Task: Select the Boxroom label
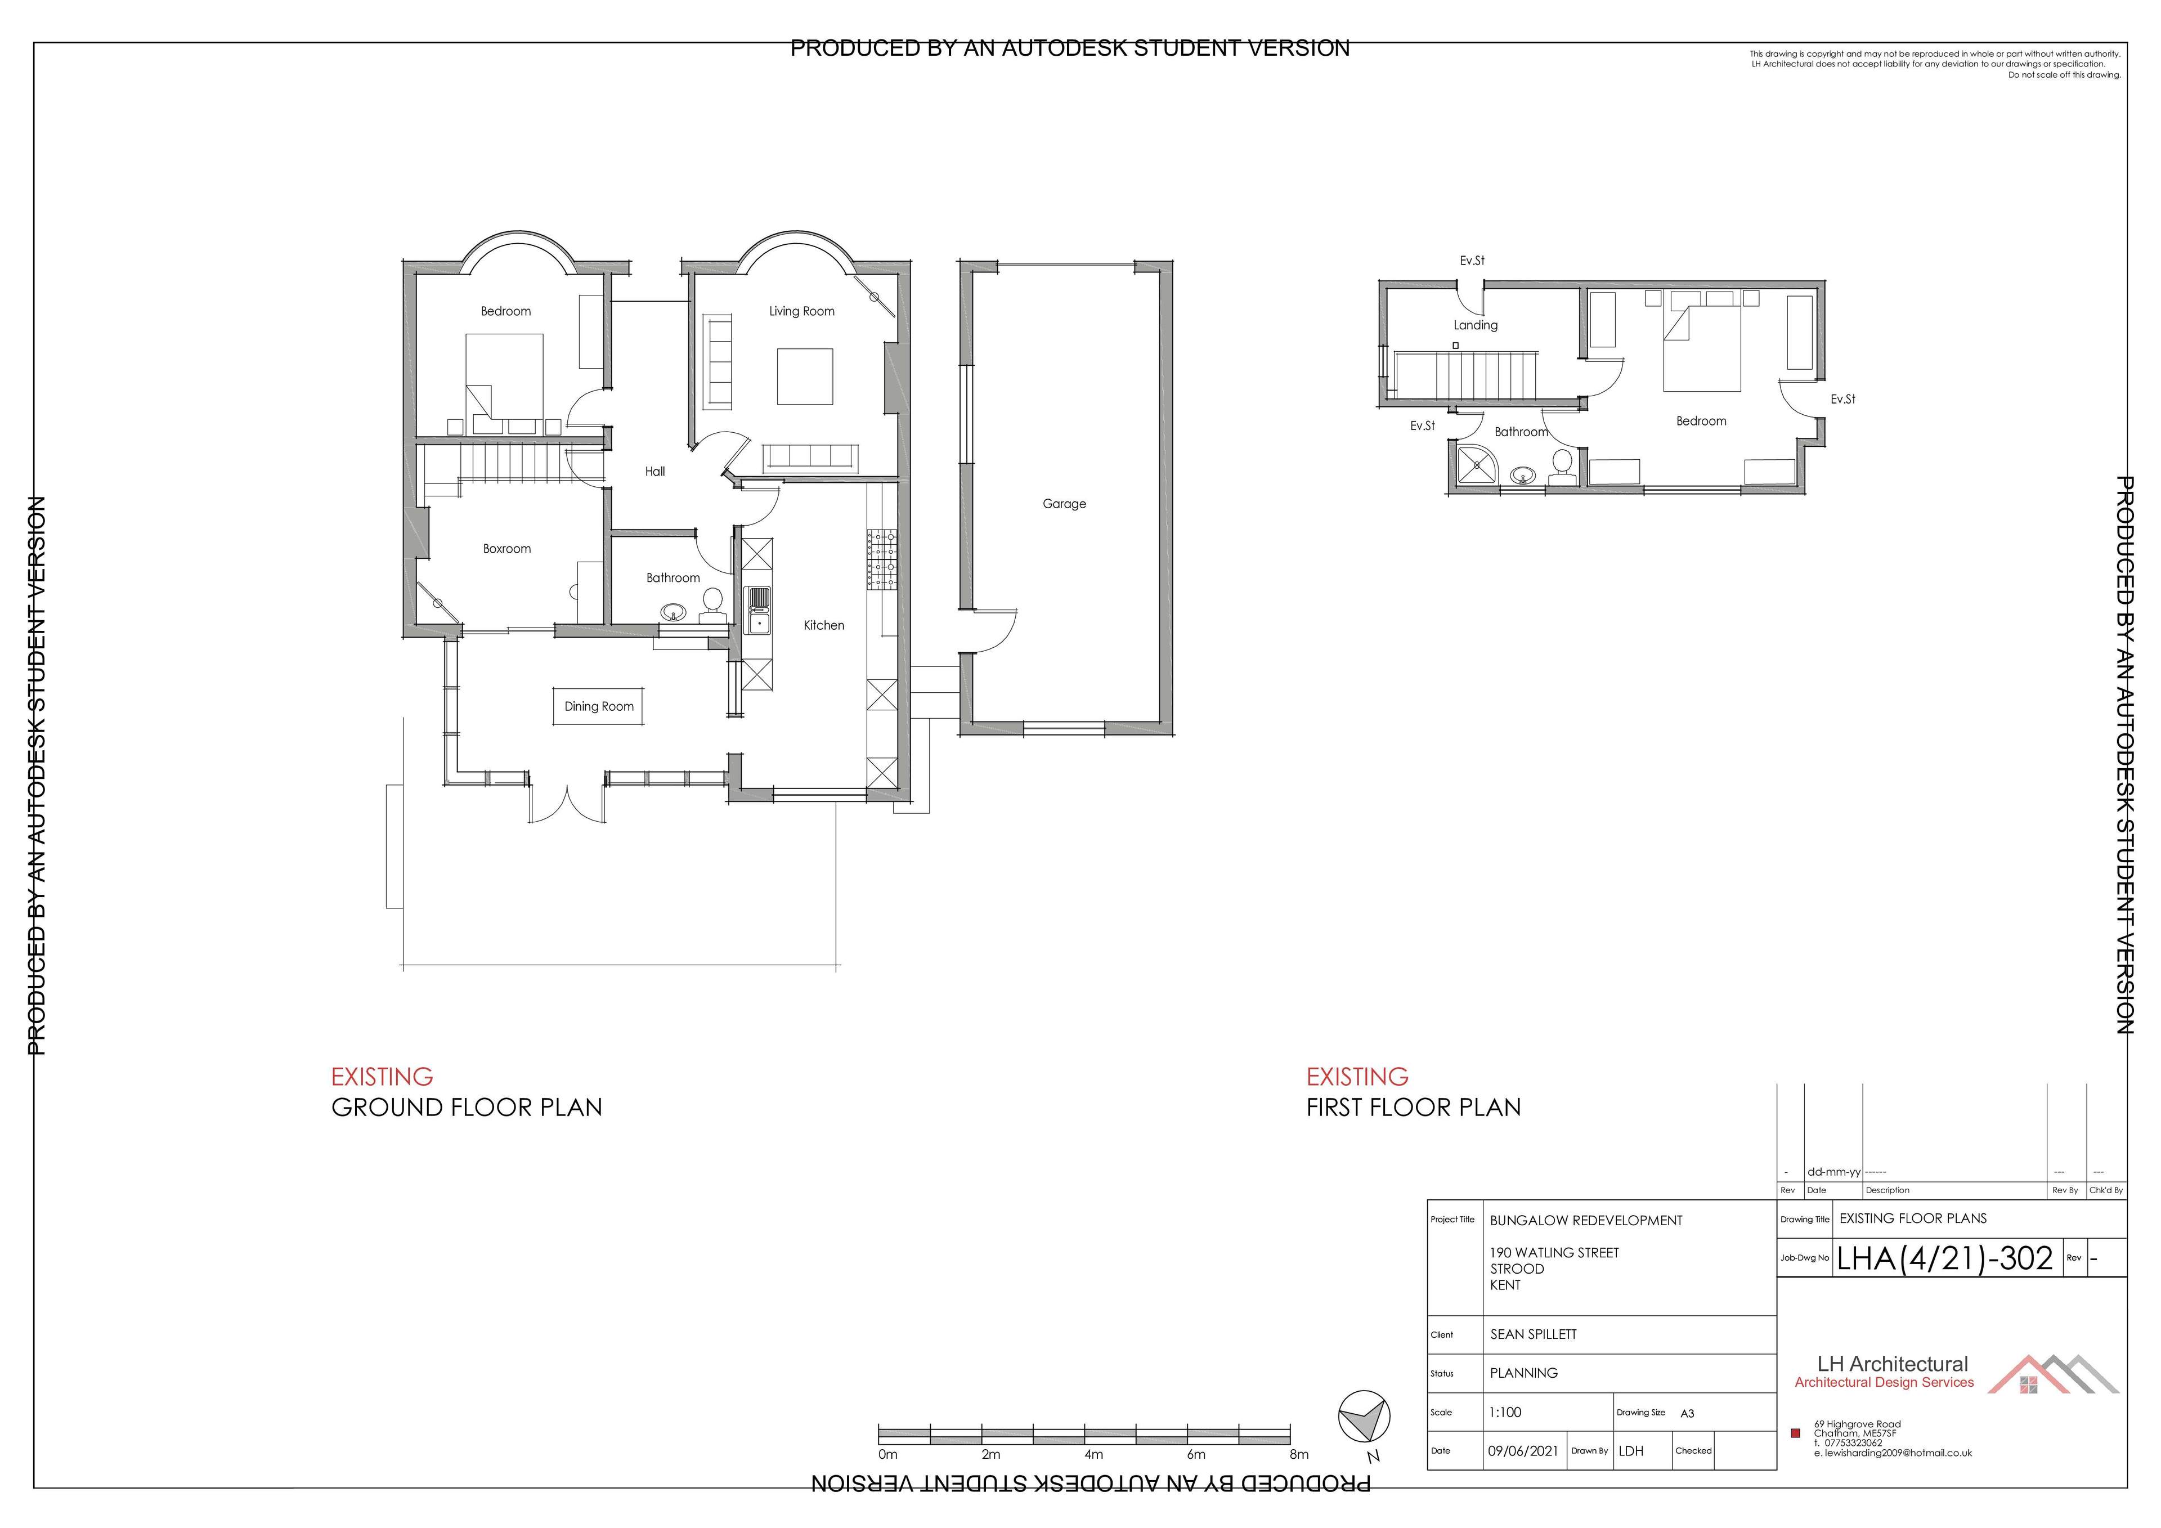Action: click(506, 549)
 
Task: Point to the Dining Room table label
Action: click(599, 707)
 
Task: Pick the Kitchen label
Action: click(823, 625)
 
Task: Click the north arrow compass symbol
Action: click(1364, 1418)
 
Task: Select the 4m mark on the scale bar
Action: click(1093, 1455)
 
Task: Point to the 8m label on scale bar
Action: click(1299, 1455)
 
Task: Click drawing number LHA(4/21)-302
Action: click(1944, 1259)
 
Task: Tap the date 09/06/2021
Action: click(1523, 1451)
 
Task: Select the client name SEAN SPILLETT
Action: click(1533, 1334)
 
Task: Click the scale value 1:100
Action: click(1505, 1412)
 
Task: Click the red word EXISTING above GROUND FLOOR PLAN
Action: click(382, 1076)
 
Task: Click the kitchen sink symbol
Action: click(757, 610)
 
